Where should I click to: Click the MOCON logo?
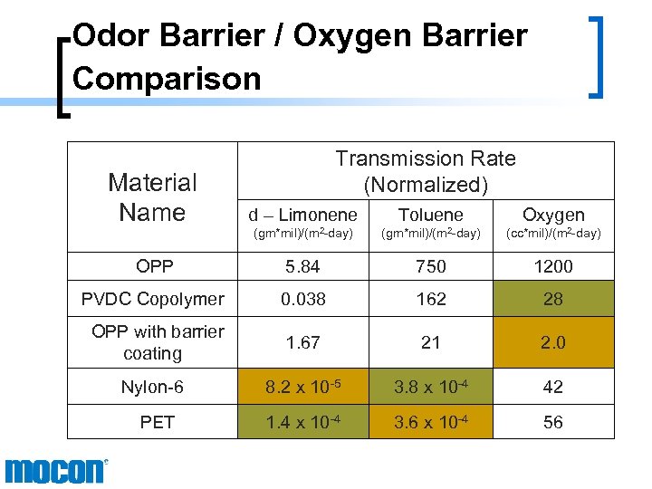pyautogui.click(x=56, y=471)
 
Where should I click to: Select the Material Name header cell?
pyautogui.click(x=152, y=197)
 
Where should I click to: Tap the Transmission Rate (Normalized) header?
pyautogui.click(x=426, y=171)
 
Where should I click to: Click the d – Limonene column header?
pyautogui.click(x=302, y=216)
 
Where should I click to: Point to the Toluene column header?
pyautogui.click(x=431, y=216)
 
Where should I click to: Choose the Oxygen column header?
pyautogui.click(x=553, y=216)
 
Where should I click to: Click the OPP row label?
pyautogui.click(x=153, y=266)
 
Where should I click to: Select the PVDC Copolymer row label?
pyautogui.click(x=153, y=299)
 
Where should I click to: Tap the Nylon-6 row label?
pyautogui.click(x=153, y=387)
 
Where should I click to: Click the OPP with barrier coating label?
pyautogui.click(x=157, y=342)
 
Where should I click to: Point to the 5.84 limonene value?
pyautogui.click(x=302, y=266)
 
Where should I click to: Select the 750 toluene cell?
pyautogui.click(x=431, y=266)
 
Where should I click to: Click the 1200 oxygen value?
pyautogui.click(x=553, y=266)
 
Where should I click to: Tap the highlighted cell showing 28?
pyautogui.click(x=553, y=299)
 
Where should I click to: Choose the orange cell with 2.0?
pyautogui.click(x=553, y=342)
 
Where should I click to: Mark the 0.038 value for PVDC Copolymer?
pyautogui.click(x=302, y=299)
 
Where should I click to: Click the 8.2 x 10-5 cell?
pyautogui.click(x=302, y=387)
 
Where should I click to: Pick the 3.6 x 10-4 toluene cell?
pyautogui.click(x=431, y=422)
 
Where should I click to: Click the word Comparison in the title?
pyautogui.click(x=167, y=78)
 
